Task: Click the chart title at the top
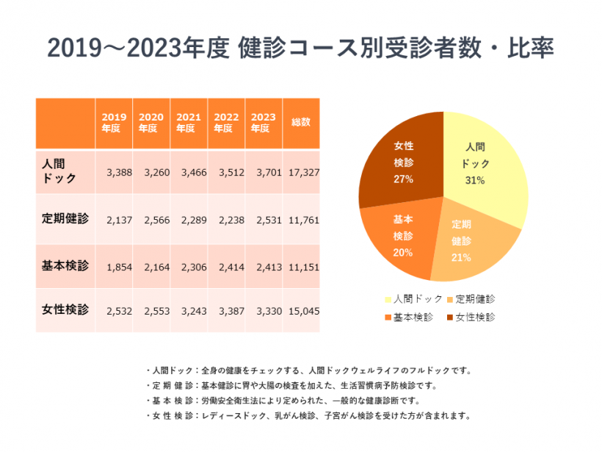click(300, 48)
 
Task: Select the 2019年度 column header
click(114, 122)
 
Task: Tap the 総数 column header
click(301, 122)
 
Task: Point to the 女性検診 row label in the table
click(65, 309)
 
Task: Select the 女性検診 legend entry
click(470, 318)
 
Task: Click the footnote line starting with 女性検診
click(308, 415)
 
